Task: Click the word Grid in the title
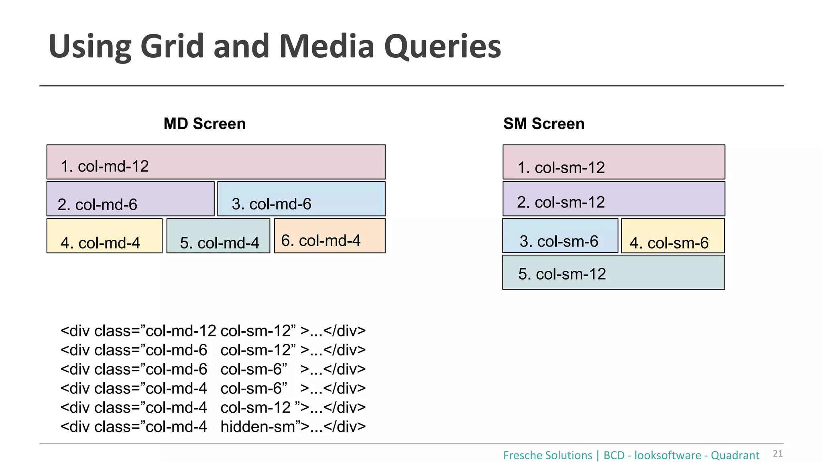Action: pyautogui.click(x=172, y=46)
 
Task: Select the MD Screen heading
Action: pyautogui.click(x=204, y=124)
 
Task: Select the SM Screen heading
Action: pyautogui.click(x=543, y=124)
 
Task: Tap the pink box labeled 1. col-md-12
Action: pyautogui.click(x=216, y=162)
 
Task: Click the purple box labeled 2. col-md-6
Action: pyautogui.click(x=130, y=199)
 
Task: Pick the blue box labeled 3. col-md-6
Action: pyautogui.click(x=301, y=199)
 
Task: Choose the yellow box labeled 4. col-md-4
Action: pyautogui.click(x=104, y=236)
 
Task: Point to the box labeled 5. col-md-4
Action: pyautogui.click(x=218, y=236)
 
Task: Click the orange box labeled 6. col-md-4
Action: pyautogui.click(x=330, y=236)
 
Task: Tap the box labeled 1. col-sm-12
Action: pyautogui.click(x=614, y=162)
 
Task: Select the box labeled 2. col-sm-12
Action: pyautogui.click(x=614, y=199)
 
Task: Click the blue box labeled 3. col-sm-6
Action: pyautogui.click(x=560, y=236)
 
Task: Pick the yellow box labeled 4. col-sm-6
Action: pyautogui.click(x=673, y=236)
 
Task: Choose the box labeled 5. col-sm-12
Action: pyautogui.click(x=613, y=272)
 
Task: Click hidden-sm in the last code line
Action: pyautogui.click(x=257, y=427)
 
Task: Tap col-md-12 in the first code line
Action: pyautogui.click(x=181, y=331)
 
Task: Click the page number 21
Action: pyautogui.click(x=777, y=454)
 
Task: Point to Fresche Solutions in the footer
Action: pyautogui.click(x=547, y=456)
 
